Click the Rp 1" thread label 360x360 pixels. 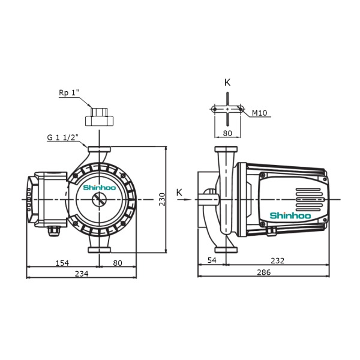(x=69, y=93)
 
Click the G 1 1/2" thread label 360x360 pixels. (x=62, y=137)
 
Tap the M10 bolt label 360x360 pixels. (x=260, y=113)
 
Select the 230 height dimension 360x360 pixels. (x=162, y=199)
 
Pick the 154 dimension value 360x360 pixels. (x=62, y=263)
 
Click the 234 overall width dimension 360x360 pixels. (x=82, y=274)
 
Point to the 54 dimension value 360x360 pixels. (x=212, y=260)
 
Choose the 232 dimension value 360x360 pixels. (x=278, y=260)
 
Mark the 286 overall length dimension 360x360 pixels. (x=264, y=272)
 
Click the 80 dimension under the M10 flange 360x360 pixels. (x=227, y=133)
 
